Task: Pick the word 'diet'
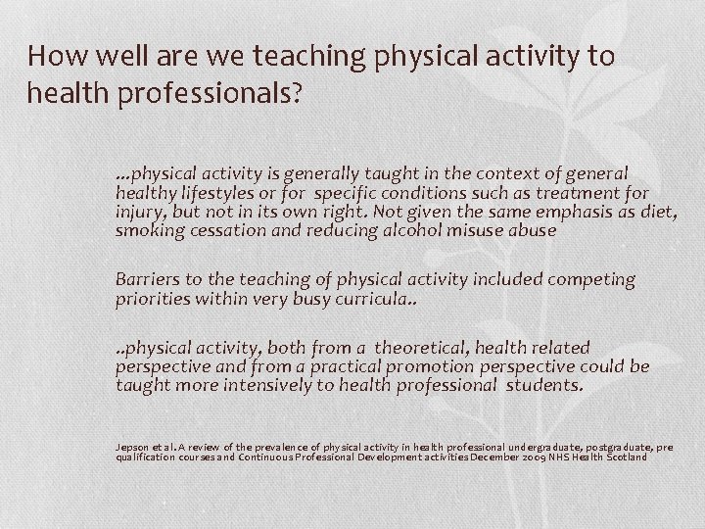tap(655, 213)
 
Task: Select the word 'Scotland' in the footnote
tap(644, 457)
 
